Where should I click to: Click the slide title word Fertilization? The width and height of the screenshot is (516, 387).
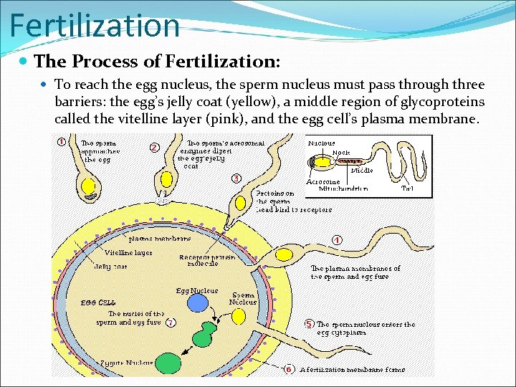coord(95,25)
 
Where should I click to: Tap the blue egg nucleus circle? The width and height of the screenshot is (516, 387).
coord(197,303)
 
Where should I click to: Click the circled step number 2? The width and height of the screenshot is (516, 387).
coord(154,148)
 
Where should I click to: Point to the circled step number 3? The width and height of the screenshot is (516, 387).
coord(236,178)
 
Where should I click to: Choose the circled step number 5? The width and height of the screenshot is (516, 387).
coord(309,324)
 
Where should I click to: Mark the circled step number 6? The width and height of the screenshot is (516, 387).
coord(288,369)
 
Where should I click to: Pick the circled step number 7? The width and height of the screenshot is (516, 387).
coord(171,322)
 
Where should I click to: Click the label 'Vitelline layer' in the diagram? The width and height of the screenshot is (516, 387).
coord(128,252)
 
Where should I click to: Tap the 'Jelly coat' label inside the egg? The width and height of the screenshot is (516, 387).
coord(111,267)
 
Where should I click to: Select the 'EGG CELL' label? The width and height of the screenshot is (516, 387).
coord(99,303)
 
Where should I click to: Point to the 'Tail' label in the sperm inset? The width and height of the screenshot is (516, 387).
coord(408,188)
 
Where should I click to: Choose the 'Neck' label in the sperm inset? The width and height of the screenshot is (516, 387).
coord(341,153)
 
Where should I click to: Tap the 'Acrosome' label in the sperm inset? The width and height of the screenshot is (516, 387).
coord(322,182)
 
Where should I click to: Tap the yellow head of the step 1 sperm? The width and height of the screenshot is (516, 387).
coord(89,186)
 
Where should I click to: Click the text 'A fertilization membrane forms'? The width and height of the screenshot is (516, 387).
coord(353,370)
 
